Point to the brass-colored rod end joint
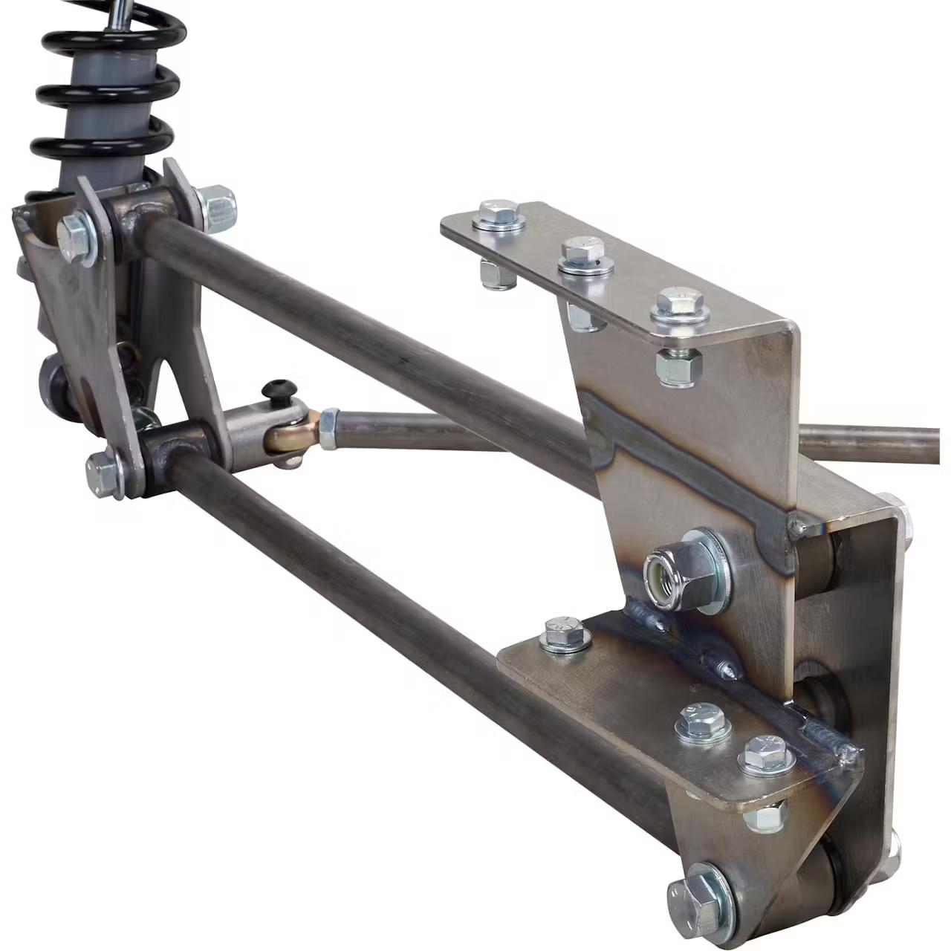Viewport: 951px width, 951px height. point(293,435)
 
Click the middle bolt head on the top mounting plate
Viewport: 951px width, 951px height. point(583,253)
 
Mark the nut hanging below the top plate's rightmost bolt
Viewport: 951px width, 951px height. point(678,366)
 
